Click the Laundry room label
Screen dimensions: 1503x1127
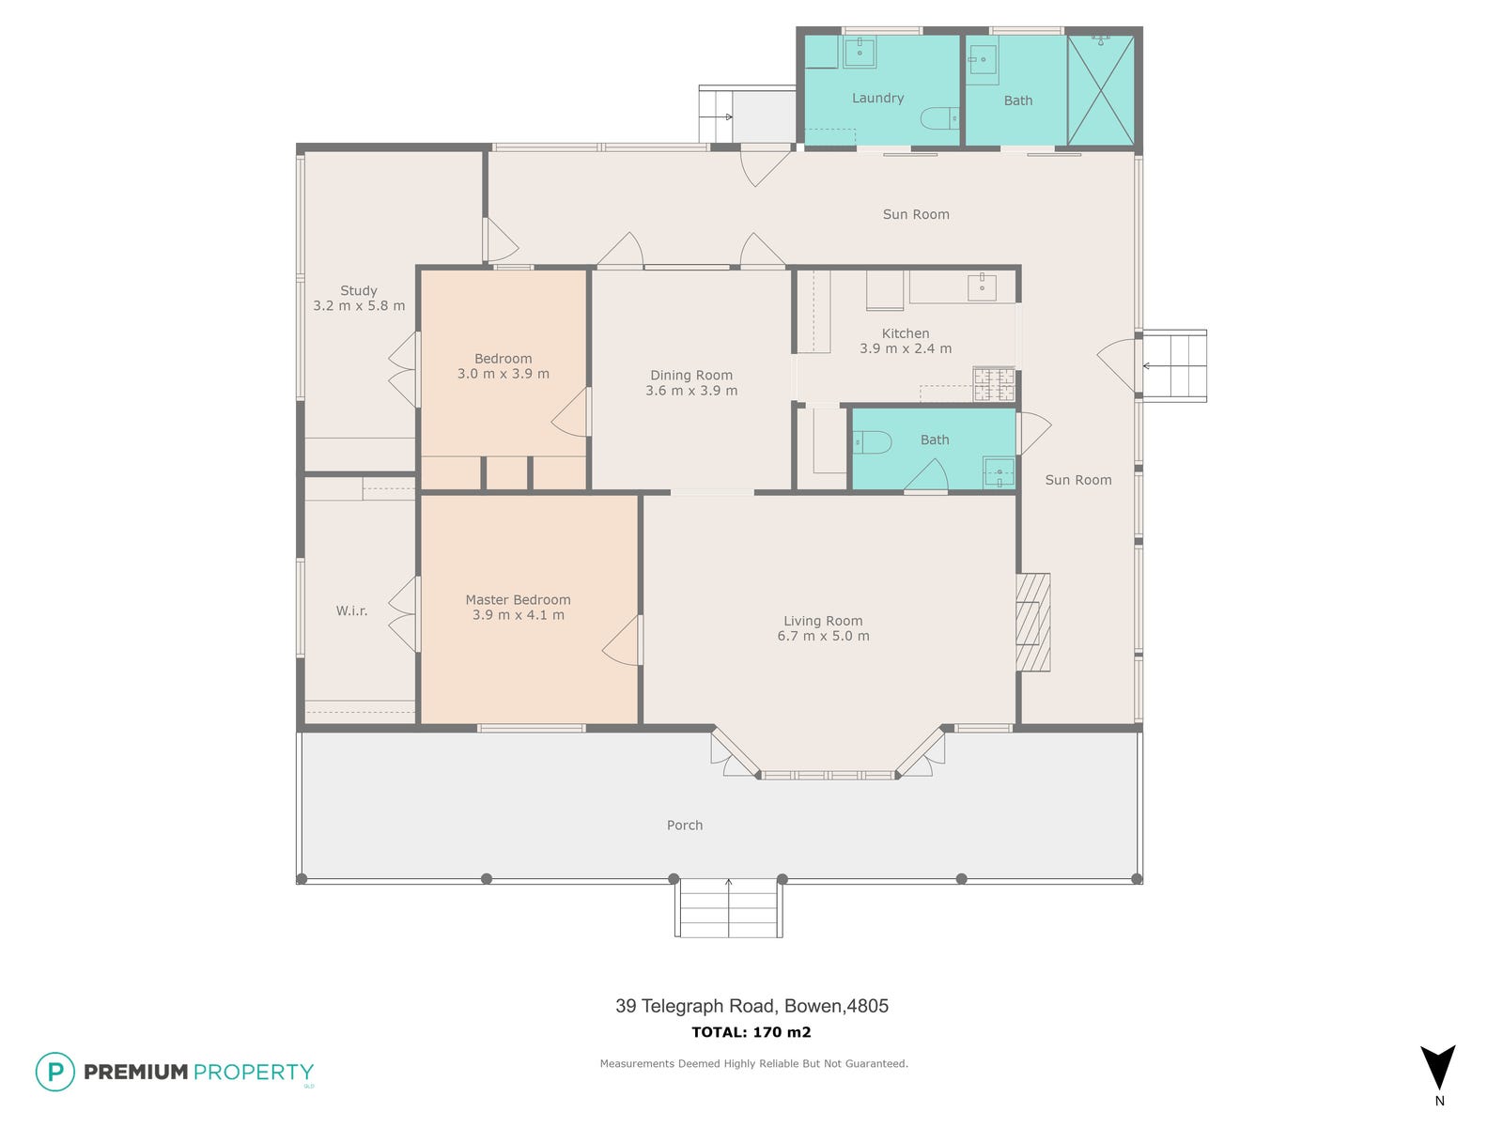point(877,98)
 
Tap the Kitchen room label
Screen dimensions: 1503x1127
point(906,333)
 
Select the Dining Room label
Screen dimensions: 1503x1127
point(690,375)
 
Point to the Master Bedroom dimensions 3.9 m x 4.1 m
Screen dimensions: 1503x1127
point(519,614)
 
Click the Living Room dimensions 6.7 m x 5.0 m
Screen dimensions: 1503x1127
point(823,636)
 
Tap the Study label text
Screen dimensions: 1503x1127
point(359,291)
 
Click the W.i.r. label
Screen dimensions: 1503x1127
point(351,610)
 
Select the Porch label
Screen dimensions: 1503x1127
point(685,826)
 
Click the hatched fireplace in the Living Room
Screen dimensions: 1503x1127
point(1033,622)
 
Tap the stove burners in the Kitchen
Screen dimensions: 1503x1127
point(994,384)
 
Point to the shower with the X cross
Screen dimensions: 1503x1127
point(1100,89)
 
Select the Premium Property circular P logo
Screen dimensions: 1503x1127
point(55,1072)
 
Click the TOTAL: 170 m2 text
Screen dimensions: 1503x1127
point(751,1032)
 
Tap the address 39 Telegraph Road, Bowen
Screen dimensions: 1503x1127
point(751,1006)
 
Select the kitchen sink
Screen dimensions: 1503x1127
point(982,286)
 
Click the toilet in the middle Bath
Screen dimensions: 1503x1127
point(872,442)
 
